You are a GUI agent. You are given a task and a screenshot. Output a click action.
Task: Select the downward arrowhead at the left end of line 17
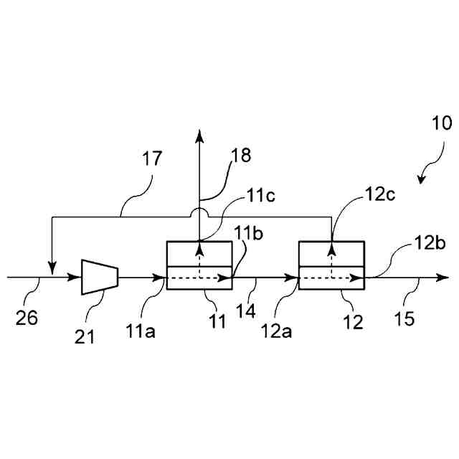(52, 268)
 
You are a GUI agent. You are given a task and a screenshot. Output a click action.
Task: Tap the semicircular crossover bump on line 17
(200, 213)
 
